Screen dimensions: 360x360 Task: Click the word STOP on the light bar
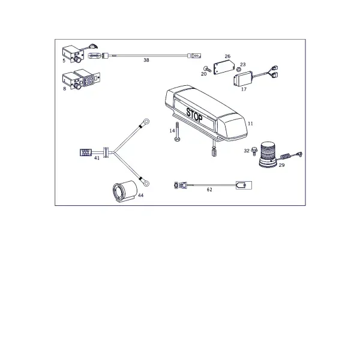pyautogui.click(x=194, y=115)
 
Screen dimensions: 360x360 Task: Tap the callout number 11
pyautogui.click(x=250, y=124)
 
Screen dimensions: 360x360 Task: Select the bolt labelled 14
pyautogui.click(x=177, y=131)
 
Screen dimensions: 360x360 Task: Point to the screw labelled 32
pyautogui.click(x=254, y=151)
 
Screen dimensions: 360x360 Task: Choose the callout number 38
pyautogui.click(x=146, y=60)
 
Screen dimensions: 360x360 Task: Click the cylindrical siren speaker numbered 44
pyautogui.click(x=125, y=191)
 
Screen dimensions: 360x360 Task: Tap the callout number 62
pyautogui.click(x=209, y=190)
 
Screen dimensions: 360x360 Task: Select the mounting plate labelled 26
pyautogui.click(x=224, y=67)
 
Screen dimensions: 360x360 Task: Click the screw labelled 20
pyautogui.click(x=208, y=69)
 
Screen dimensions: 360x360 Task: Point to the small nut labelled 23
pyautogui.click(x=239, y=69)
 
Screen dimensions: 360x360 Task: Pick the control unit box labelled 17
pyautogui.click(x=243, y=79)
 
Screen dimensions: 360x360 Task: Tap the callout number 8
pyautogui.click(x=65, y=89)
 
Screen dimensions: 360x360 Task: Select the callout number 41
pyautogui.click(x=97, y=158)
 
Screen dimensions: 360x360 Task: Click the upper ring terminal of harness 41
pyautogui.click(x=146, y=121)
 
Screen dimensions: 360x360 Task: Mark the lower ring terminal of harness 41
pyautogui.click(x=146, y=183)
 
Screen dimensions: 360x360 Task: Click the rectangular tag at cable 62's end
pyautogui.click(x=244, y=185)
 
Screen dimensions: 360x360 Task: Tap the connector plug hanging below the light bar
pyautogui.click(x=214, y=152)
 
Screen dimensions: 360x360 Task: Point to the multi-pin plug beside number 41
pyautogui.click(x=85, y=152)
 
